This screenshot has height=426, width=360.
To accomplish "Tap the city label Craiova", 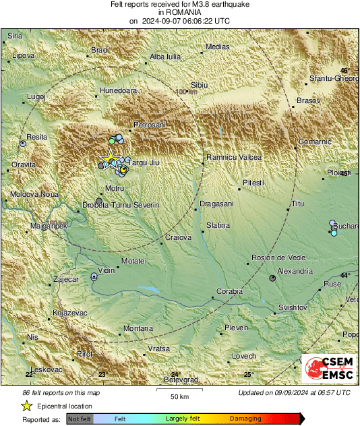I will [x=179, y=237].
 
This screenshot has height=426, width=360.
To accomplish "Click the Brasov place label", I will [x=307, y=100].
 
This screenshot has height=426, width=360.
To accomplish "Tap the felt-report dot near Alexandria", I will [x=272, y=278].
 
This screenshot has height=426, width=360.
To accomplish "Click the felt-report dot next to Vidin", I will [x=94, y=276].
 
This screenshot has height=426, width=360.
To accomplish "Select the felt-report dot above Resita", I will [x=24, y=144].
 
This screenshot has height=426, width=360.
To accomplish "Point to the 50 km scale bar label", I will [x=178, y=395].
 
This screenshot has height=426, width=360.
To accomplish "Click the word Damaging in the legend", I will [x=245, y=419].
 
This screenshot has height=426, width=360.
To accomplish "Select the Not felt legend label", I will [x=80, y=419].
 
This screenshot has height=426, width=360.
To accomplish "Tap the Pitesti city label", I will [x=253, y=183].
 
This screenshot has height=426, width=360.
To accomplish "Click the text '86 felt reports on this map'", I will [x=61, y=392].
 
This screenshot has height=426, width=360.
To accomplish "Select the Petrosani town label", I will [x=150, y=125].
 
